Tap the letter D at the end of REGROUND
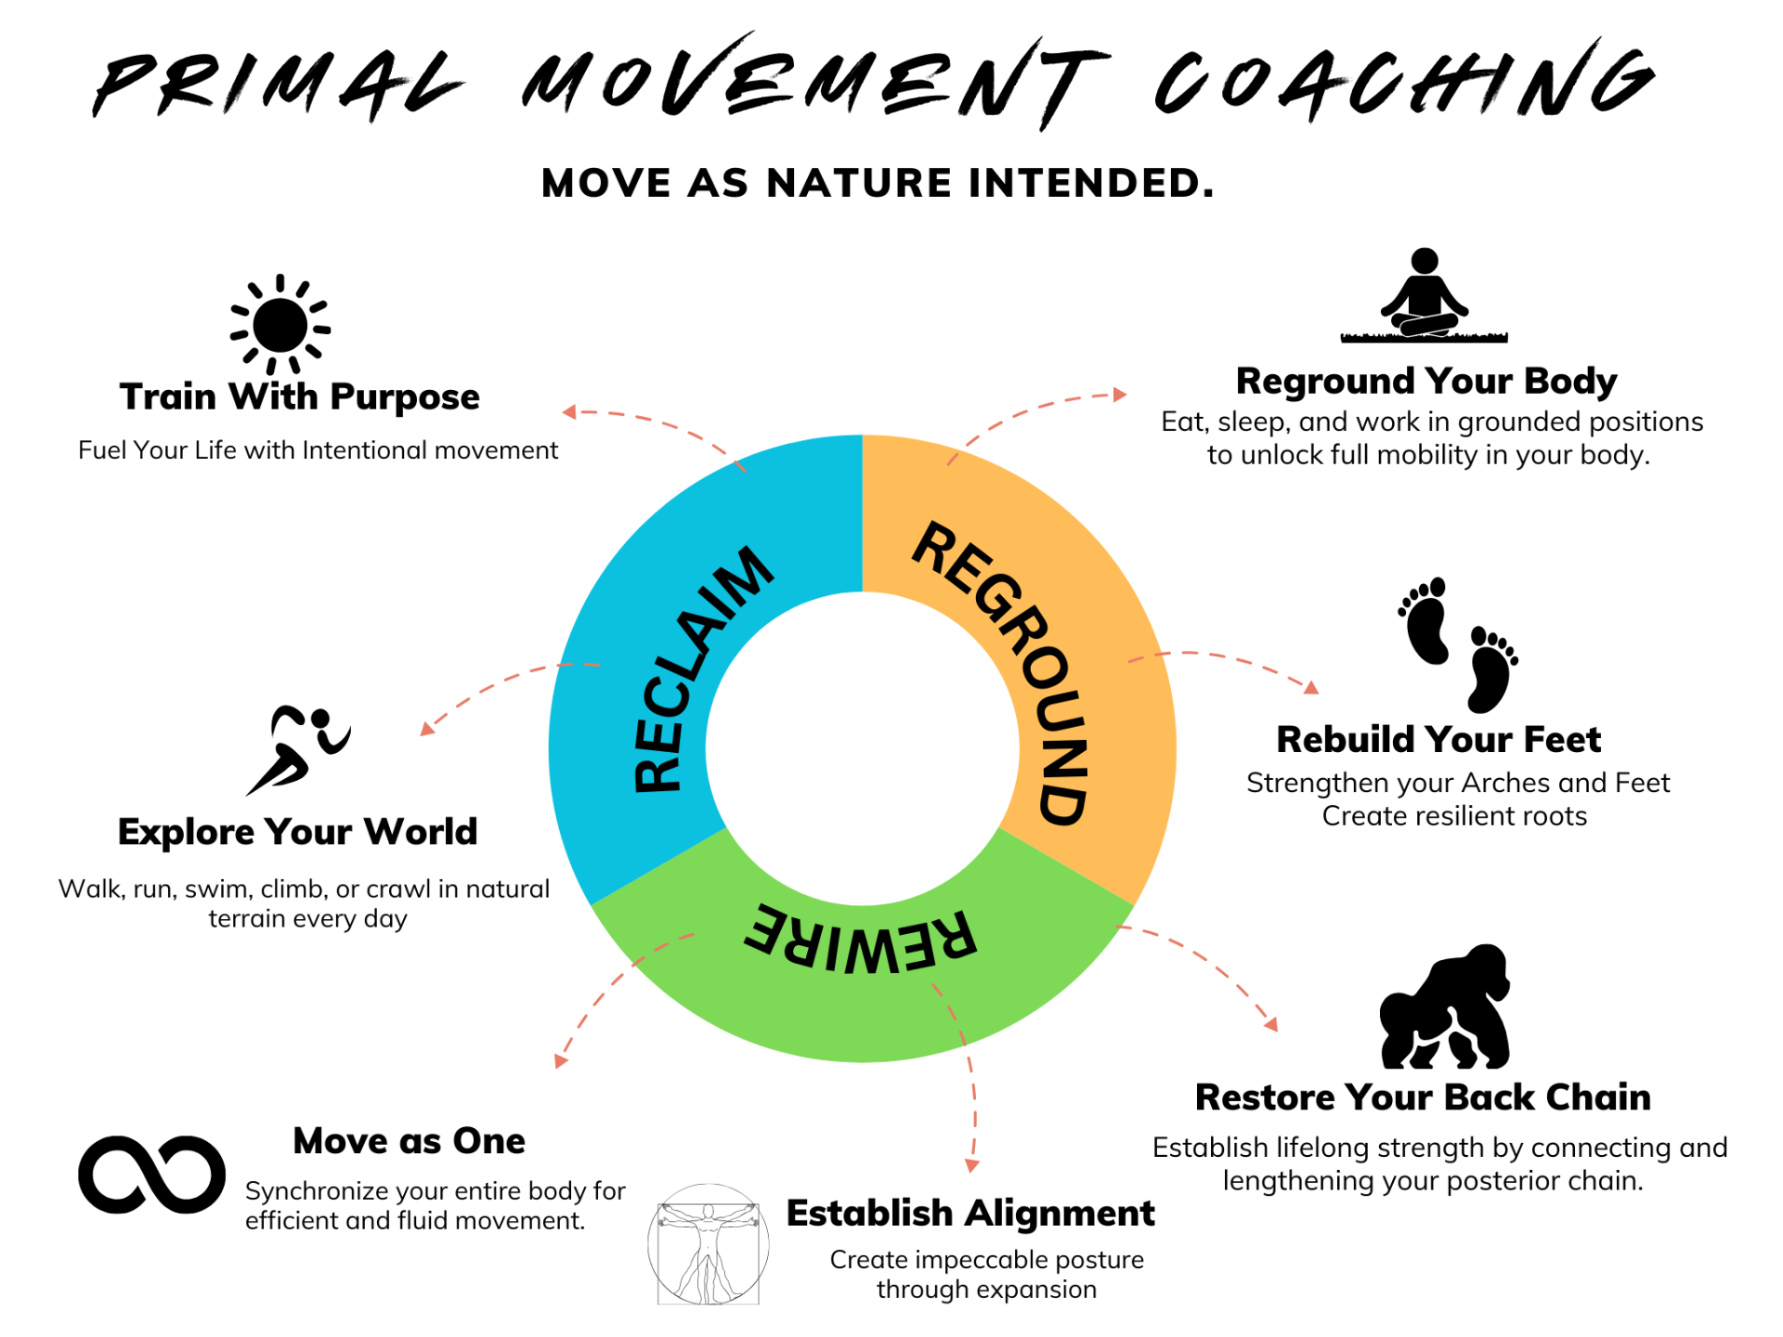(x=1061, y=804)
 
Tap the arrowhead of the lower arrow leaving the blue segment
(x=425, y=730)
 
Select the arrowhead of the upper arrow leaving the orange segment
(x=1121, y=395)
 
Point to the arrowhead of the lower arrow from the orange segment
(x=1312, y=688)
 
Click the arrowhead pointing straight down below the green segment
(x=971, y=1166)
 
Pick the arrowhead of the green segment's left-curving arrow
(x=560, y=1061)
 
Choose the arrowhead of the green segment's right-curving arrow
(x=1272, y=1025)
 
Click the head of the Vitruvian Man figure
(x=709, y=1211)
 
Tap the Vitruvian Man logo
(x=709, y=1244)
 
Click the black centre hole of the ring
(x=863, y=748)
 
